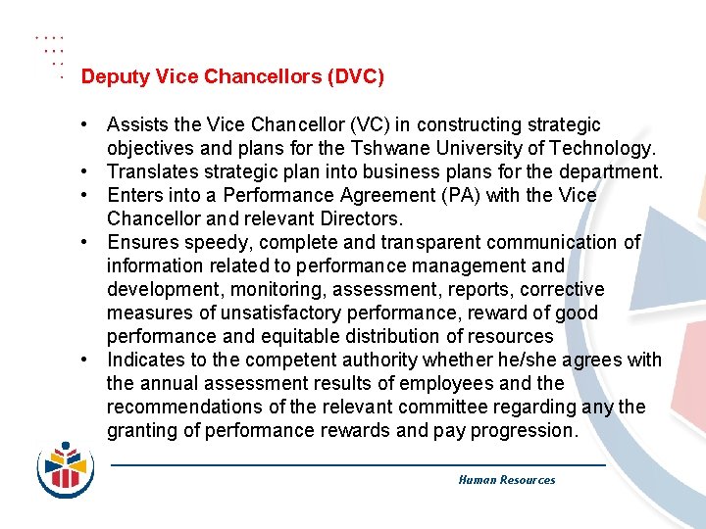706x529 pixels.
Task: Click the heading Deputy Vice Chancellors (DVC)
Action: click(x=232, y=76)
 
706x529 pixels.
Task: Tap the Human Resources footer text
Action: click(x=506, y=480)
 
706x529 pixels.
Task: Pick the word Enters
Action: click(x=134, y=196)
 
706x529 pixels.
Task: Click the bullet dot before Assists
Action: click(x=87, y=125)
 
